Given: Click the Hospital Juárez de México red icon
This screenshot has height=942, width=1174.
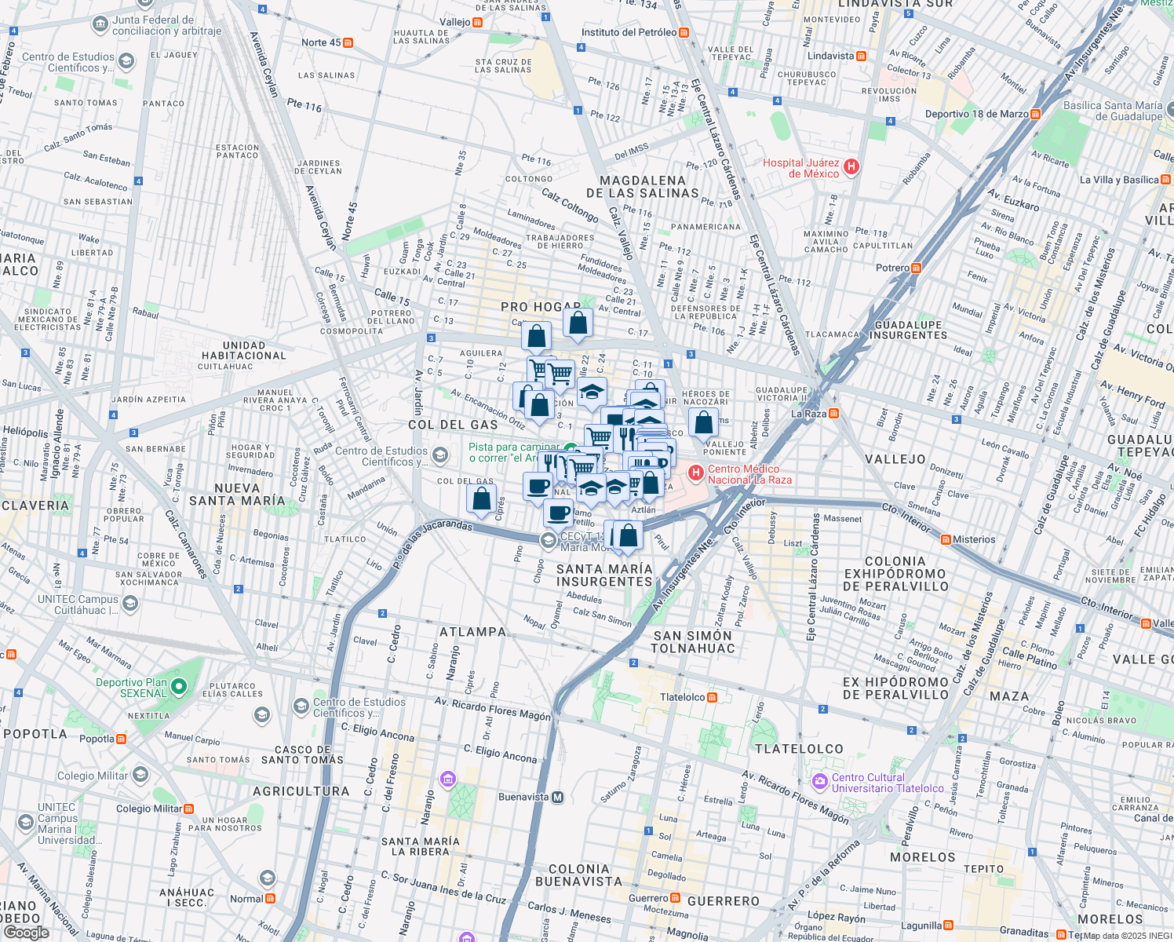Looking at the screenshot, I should click(x=851, y=166).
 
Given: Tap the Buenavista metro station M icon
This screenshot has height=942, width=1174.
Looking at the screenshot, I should click(x=557, y=798).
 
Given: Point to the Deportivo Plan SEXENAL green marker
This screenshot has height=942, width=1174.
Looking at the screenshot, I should click(x=179, y=688).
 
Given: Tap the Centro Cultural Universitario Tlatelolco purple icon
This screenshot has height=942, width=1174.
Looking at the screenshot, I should click(x=820, y=781).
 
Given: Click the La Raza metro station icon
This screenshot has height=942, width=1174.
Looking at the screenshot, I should click(x=833, y=414).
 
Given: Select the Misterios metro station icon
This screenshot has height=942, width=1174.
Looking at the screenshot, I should click(x=946, y=540).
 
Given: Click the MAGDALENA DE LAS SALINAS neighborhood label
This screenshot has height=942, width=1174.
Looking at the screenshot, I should click(x=642, y=187).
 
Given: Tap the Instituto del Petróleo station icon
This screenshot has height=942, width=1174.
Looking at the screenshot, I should click(x=684, y=33).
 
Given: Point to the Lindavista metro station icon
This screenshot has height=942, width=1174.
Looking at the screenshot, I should click(x=861, y=57).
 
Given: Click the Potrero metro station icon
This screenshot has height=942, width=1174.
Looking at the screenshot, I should click(x=916, y=268).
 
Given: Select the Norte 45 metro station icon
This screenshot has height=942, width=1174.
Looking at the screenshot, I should click(x=348, y=43).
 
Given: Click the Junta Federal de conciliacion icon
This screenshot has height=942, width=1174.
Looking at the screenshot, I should click(x=100, y=24).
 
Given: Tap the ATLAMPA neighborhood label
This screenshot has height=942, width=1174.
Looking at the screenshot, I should click(x=472, y=632).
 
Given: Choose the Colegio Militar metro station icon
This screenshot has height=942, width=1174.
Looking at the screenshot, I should click(x=188, y=809).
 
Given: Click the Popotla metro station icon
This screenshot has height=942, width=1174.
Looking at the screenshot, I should click(x=122, y=739).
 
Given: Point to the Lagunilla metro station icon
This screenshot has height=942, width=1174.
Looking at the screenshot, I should click(x=948, y=926).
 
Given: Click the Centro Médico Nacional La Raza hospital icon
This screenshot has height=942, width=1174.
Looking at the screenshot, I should click(x=695, y=473).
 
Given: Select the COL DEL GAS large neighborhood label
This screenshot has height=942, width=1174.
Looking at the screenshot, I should click(x=453, y=425).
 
